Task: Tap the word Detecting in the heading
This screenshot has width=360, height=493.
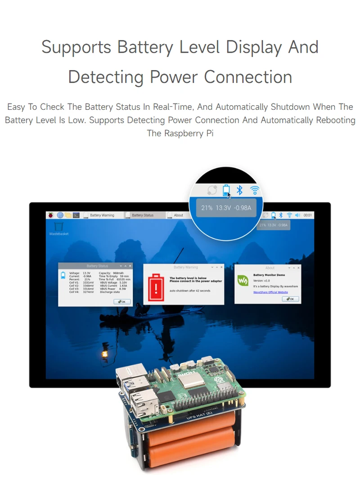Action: click(x=106, y=77)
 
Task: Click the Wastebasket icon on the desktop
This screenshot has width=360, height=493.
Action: click(x=58, y=226)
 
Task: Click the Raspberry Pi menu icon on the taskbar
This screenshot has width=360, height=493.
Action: click(x=51, y=215)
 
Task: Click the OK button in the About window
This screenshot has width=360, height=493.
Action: click(x=291, y=299)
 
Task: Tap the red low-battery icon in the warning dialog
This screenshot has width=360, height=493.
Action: click(x=156, y=285)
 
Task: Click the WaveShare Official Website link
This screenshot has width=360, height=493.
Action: click(x=270, y=292)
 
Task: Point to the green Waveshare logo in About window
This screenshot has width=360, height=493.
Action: click(x=243, y=281)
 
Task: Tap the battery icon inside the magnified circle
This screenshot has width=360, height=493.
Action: click(x=226, y=190)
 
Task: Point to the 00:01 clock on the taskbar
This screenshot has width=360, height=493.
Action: click(x=308, y=215)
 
